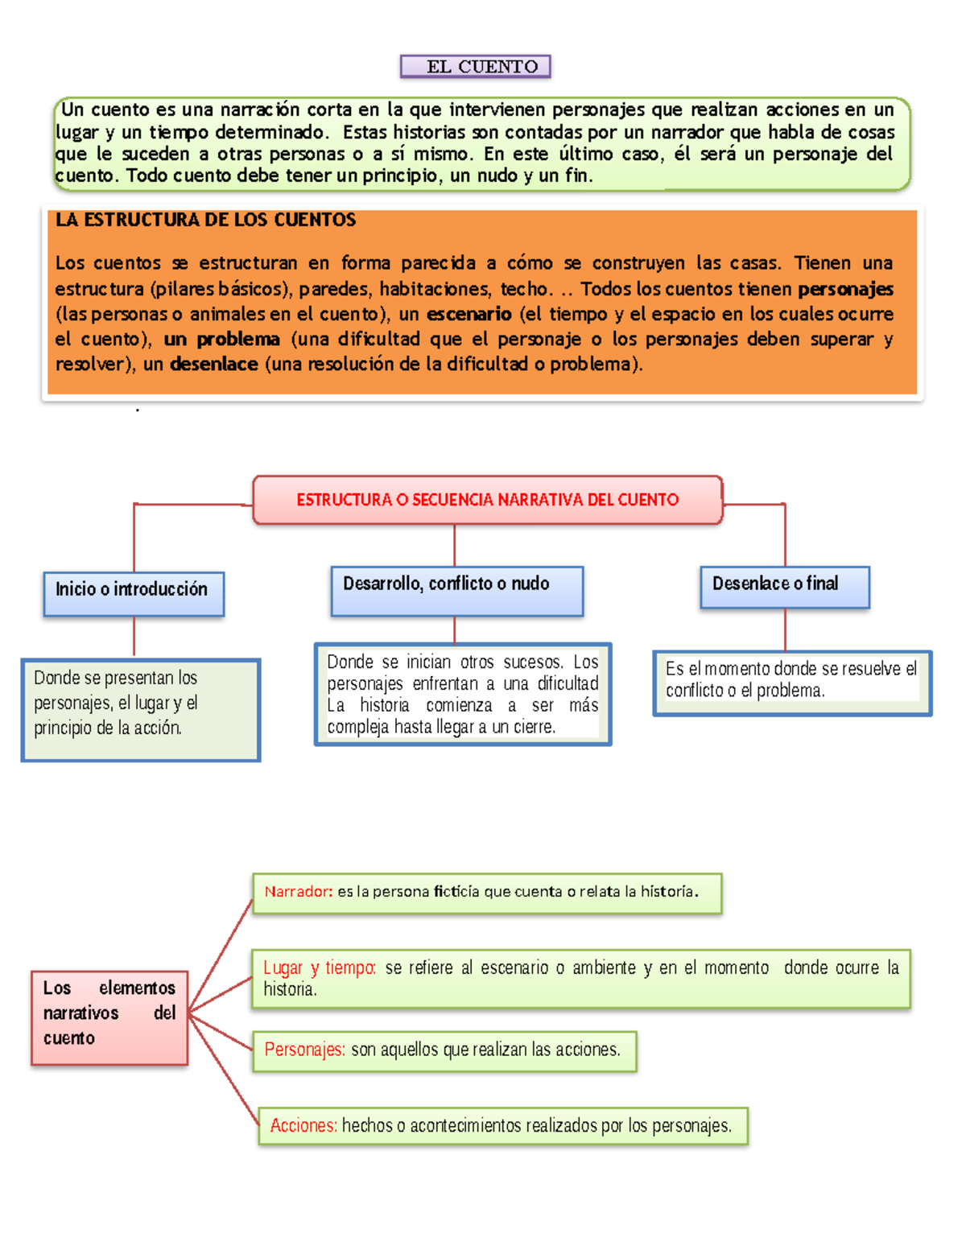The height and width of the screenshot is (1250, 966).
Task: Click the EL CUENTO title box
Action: tap(475, 66)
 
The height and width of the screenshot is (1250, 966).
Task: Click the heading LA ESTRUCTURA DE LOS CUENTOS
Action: tap(205, 220)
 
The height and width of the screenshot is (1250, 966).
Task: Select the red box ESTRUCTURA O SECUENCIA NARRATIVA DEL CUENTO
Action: tap(487, 500)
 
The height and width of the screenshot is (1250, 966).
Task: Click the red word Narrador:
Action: tap(298, 892)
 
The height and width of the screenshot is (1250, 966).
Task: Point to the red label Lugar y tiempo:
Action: tap(319, 967)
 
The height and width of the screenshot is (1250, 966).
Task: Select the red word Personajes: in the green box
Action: tap(304, 1050)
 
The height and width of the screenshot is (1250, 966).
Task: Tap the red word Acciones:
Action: tap(303, 1125)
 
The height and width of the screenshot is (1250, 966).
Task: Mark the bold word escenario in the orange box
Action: tap(469, 314)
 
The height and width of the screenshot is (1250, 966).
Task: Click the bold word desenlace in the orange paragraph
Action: tap(214, 364)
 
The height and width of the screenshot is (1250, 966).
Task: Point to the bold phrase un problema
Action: tap(221, 339)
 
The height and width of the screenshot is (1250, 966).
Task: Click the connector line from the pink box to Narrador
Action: tap(221, 955)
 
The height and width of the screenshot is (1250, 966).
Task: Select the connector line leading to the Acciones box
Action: tap(225, 1071)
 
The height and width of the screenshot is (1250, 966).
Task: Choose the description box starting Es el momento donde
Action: tap(791, 683)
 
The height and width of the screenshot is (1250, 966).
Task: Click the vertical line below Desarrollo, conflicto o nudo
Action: tap(455, 629)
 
